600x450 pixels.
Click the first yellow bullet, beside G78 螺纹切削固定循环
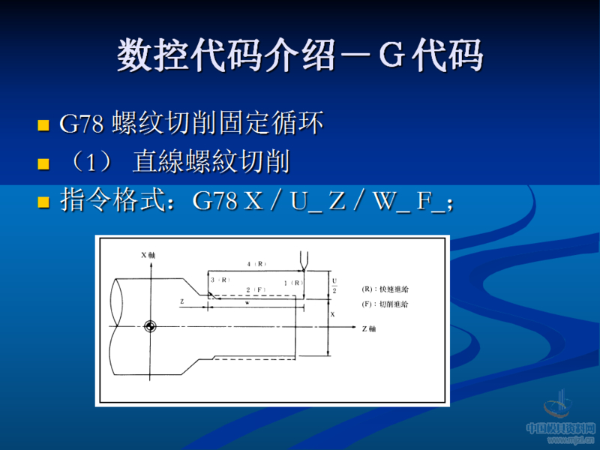click(43, 124)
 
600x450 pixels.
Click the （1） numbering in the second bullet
click(91, 163)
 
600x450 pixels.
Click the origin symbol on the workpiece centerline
click(149, 326)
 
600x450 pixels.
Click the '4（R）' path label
click(256, 264)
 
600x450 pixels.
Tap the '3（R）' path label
click(220, 280)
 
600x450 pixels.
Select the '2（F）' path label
click(256, 289)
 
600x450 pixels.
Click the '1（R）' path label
click(293, 282)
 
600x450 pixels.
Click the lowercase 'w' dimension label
click(247, 304)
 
